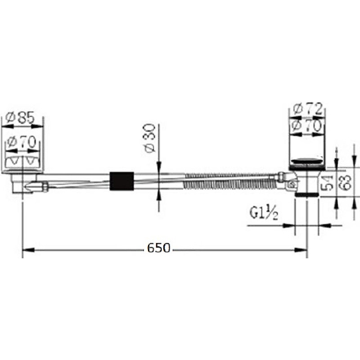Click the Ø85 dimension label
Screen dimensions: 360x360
pyautogui.click(x=20, y=118)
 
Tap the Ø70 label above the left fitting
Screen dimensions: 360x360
pyautogui.click(x=22, y=142)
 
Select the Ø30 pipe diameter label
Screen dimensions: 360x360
pyautogui.click(x=149, y=138)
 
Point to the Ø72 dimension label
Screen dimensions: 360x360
pyautogui.click(x=308, y=109)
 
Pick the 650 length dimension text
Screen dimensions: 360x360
pyautogui.click(x=159, y=248)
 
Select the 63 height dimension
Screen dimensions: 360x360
pyautogui.click(x=345, y=183)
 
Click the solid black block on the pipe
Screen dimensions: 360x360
pyautogui.click(x=121, y=181)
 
